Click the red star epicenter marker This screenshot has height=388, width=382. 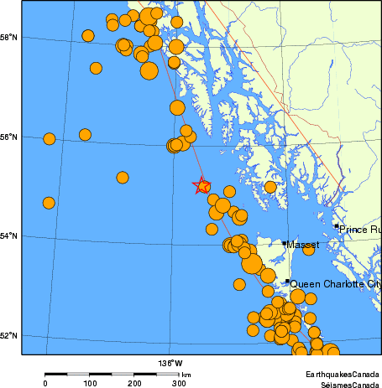[201, 185]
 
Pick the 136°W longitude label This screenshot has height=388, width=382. [170, 363]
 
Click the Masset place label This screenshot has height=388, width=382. [300, 245]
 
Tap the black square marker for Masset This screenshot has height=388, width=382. [285, 244]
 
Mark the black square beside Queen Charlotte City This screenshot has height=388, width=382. [287, 282]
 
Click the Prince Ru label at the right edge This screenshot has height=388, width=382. [360, 229]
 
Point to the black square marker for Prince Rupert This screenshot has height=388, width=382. [337, 225]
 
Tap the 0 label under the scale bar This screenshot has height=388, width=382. [45, 383]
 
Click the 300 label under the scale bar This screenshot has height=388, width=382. [179, 383]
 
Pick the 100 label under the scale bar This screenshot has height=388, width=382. [90, 383]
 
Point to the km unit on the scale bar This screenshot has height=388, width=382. [186, 375]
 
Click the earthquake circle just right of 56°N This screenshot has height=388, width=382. [49, 139]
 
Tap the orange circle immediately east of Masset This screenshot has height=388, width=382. [309, 248]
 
